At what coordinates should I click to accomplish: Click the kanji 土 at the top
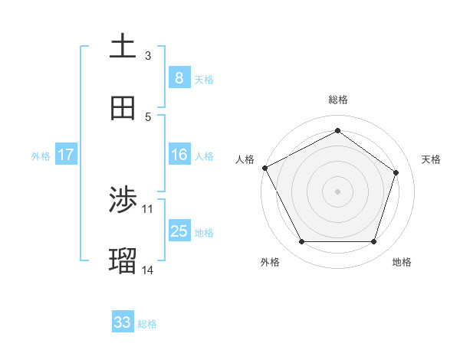[x=123, y=46]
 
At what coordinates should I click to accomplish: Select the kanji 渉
[x=123, y=200]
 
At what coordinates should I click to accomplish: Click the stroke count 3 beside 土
[x=148, y=56]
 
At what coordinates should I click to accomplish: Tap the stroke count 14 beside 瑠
[x=148, y=270]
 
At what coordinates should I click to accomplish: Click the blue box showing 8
[x=179, y=78]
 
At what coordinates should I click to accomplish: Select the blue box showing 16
[x=179, y=155]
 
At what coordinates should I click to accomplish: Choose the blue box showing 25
[x=179, y=231]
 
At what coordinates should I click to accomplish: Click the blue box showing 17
[x=66, y=155]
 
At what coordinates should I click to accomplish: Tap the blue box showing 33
[x=123, y=322]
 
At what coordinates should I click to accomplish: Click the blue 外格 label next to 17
[x=41, y=155]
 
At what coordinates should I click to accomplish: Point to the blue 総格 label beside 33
[x=147, y=324]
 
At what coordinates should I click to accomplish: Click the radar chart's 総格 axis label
[x=337, y=100]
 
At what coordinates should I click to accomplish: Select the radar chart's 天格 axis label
[x=432, y=159]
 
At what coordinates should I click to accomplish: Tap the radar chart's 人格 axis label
[x=245, y=159]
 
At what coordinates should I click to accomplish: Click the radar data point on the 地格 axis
[x=373, y=242]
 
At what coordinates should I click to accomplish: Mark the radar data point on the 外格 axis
[x=301, y=242]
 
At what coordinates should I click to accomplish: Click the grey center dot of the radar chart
[x=337, y=191]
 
